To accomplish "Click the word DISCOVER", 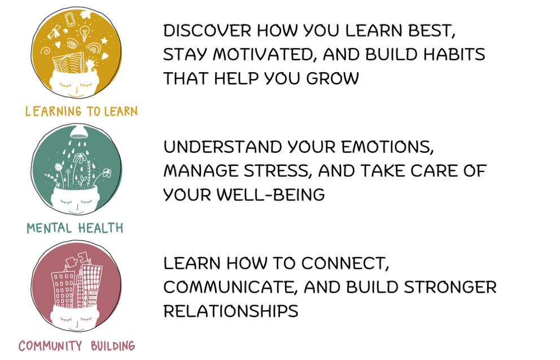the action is pos(207,30).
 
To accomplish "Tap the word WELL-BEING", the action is pos(270,195).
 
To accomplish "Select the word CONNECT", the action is pos(344,264).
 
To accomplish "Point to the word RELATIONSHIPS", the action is pos(231,311).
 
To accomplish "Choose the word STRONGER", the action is pos(450,288).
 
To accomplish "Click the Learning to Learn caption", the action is pos(81,111).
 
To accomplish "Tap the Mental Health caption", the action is pos(75,228).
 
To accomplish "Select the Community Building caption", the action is pos(77,346).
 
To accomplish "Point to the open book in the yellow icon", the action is pos(68,62).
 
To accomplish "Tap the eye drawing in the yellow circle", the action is pos(72,44).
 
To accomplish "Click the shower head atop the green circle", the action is pos(80,132).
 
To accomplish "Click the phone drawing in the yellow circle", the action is pos(70,19).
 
